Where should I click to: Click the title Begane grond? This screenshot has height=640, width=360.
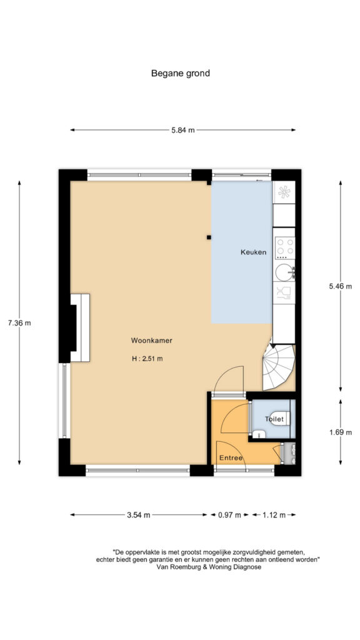click(181, 74)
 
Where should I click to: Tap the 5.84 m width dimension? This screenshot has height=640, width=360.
click(183, 130)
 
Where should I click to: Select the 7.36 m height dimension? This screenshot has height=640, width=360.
click(19, 323)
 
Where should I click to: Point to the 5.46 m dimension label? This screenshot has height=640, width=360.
click(341, 286)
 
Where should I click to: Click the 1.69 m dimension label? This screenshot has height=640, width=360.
click(341, 432)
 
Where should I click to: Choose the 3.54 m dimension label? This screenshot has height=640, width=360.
click(138, 515)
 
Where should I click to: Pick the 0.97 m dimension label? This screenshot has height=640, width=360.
click(230, 515)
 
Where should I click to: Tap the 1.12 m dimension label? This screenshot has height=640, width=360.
click(273, 515)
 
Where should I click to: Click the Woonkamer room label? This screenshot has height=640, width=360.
click(151, 341)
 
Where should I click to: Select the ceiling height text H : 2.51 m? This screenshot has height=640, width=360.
click(147, 359)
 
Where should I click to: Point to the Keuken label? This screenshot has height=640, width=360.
click(253, 252)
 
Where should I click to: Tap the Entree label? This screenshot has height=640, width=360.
click(231, 458)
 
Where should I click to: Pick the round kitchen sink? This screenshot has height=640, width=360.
click(284, 272)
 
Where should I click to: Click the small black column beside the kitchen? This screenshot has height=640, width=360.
click(209, 237)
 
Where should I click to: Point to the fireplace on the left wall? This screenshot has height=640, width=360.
click(81, 327)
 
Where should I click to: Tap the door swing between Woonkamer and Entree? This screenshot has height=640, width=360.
click(229, 379)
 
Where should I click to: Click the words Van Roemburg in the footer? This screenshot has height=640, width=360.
click(176, 567)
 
